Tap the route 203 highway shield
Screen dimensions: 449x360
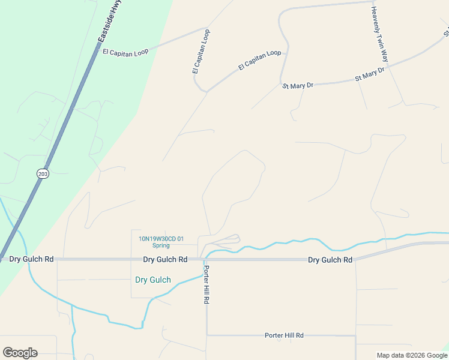point(42,173)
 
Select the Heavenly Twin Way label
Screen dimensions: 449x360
point(379,35)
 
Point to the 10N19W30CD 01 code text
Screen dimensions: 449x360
point(161,238)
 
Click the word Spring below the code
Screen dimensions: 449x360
point(161,245)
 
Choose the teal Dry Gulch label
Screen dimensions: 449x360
point(153,280)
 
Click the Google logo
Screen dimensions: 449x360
point(20,353)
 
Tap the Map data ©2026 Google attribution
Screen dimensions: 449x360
point(411,355)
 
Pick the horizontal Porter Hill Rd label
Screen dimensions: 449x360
point(284,335)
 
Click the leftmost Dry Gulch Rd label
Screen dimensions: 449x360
point(32,259)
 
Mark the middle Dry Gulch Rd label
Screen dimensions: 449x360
point(165,260)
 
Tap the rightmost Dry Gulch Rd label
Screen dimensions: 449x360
point(330,260)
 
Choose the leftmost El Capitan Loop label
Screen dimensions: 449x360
point(125,52)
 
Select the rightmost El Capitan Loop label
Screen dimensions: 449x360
point(259,61)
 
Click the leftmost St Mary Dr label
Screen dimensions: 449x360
point(298,86)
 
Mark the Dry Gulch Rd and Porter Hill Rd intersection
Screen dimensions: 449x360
point(206,260)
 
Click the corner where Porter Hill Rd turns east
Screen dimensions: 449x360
point(207,335)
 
